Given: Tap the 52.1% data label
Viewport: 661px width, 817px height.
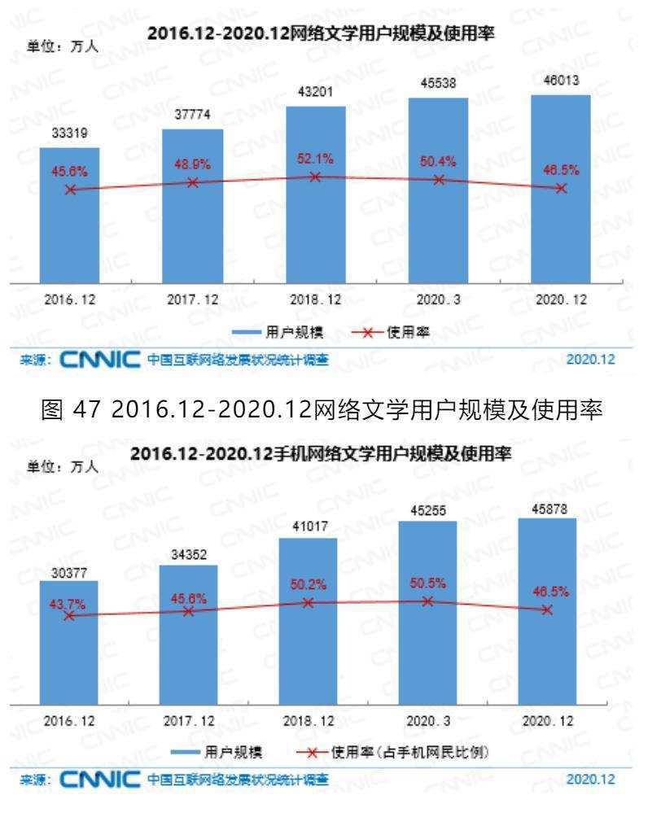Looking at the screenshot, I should (315, 158).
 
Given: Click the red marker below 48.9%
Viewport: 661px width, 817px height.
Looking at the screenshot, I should (193, 183).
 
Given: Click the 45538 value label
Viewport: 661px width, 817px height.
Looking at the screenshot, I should (438, 85).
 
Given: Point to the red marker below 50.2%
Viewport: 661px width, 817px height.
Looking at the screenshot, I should (309, 602).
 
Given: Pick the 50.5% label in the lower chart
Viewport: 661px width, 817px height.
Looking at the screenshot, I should (427, 584).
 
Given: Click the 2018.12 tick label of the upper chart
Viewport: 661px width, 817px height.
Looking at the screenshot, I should (315, 299).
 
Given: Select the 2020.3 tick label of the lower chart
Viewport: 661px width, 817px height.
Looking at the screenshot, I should (427, 722).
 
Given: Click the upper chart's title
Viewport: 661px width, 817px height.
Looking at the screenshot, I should (322, 33).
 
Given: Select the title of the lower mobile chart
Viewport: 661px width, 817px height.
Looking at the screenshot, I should (322, 454).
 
